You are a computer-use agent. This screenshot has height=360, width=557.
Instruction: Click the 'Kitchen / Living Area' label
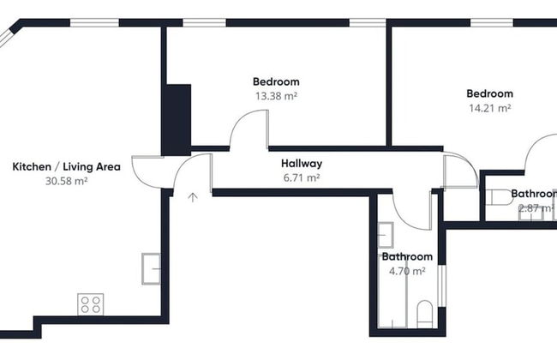click(66, 166)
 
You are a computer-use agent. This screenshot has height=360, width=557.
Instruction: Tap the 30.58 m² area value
click(66, 181)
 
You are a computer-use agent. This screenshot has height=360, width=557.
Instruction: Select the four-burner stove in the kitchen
click(91, 303)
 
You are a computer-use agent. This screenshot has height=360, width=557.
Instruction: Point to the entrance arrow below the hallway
click(193, 198)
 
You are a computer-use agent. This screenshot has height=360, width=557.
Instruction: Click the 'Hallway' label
click(301, 163)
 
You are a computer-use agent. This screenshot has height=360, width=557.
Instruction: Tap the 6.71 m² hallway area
click(301, 177)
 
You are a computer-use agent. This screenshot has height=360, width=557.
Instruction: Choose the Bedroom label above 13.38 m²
click(276, 81)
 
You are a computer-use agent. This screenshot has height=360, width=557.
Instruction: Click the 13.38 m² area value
click(276, 96)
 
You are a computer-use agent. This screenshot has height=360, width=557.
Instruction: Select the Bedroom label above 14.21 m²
click(489, 93)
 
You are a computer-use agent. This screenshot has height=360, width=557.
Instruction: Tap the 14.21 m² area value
click(489, 108)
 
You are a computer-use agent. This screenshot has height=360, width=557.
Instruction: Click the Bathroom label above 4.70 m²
click(407, 256)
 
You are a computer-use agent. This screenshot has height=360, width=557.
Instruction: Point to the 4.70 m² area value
click(407, 271)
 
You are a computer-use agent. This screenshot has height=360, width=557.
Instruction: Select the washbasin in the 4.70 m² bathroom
click(386, 233)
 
